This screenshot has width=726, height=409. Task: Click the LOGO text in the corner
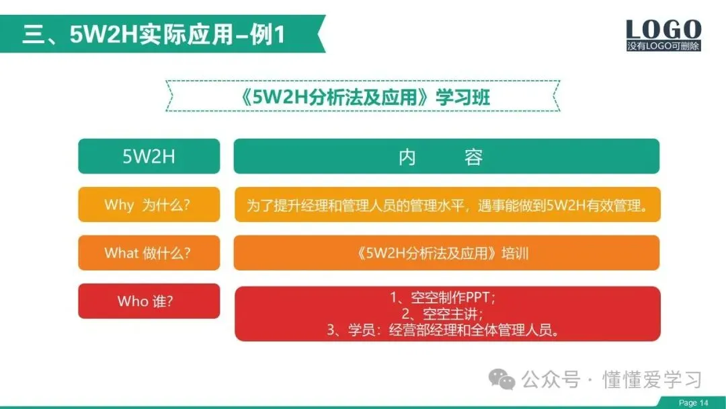[663, 30]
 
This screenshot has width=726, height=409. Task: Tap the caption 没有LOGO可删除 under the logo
[663, 46]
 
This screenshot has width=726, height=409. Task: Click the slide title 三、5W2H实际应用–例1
[153, 34]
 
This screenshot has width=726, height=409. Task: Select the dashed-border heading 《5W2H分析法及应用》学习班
[365, 97]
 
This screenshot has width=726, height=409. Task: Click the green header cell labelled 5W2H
[149, 156]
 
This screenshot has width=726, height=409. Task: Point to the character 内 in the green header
[407, 157]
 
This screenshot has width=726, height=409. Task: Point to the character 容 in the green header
[474, 157]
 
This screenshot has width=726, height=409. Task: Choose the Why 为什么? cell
[149, 204]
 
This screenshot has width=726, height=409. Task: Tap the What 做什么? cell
[149, 253]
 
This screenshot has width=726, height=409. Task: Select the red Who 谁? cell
[149, 301]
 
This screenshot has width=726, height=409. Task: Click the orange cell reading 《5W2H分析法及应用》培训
[446, 253]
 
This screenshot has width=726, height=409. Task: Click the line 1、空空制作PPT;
[442, 297]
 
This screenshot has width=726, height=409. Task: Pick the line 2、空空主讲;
[442, 313]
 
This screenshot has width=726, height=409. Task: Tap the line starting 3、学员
[443, 330]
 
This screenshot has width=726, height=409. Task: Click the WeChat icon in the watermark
[502, 379]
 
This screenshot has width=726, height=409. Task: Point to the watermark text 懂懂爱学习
[651, 380]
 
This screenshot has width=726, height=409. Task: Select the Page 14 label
[694, 402]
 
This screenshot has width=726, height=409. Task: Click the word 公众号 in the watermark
[551, 380]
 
